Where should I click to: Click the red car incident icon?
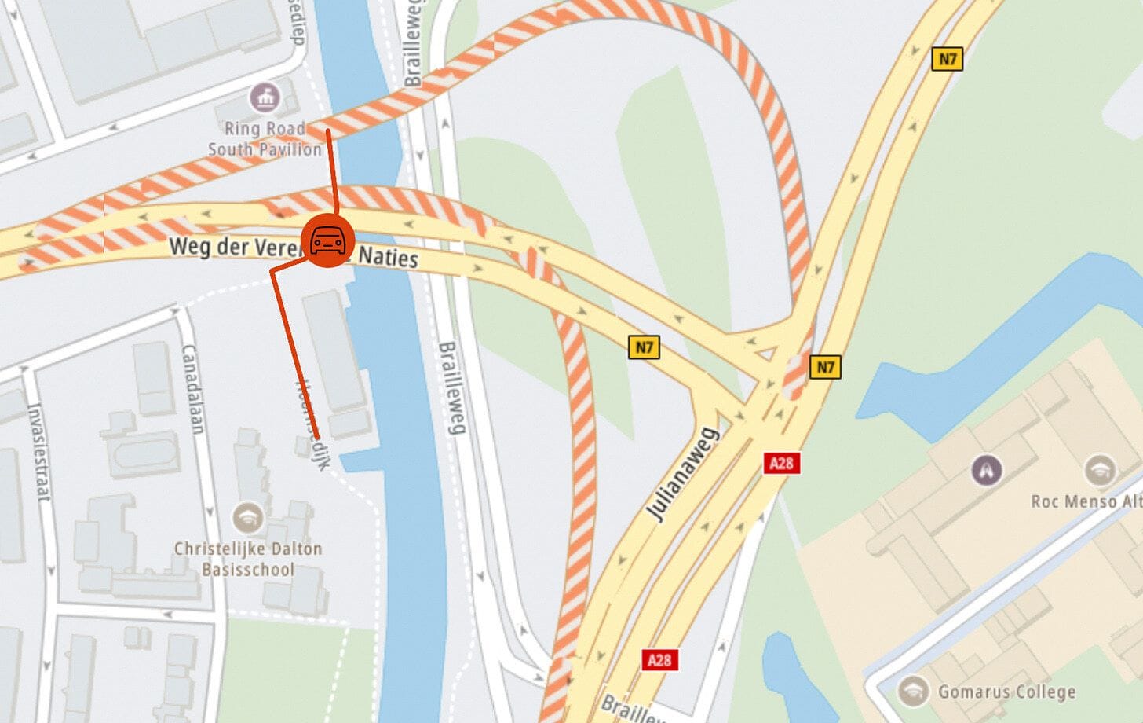coord(327,240)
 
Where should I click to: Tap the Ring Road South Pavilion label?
coord(265,139)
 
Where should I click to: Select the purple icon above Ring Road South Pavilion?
coord(265,98)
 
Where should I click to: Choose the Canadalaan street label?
coord(193,389)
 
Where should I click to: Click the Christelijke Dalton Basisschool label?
coord(248,559)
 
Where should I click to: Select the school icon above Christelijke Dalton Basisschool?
coord(248,518)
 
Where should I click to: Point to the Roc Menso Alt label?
coord(1086,501)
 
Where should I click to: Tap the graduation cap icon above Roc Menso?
coord(1099,470)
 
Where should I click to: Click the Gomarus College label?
coord(1006,692)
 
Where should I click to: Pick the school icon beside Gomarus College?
coord(912,692)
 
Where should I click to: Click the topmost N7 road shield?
coord(947,59)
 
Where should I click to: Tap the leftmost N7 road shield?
coord(644,347)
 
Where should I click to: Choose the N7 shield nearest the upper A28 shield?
coord(825,367)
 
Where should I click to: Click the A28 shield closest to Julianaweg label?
coord(781,463)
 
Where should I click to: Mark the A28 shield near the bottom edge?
coord(659,659)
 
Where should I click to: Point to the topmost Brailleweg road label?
coord(413,43)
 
